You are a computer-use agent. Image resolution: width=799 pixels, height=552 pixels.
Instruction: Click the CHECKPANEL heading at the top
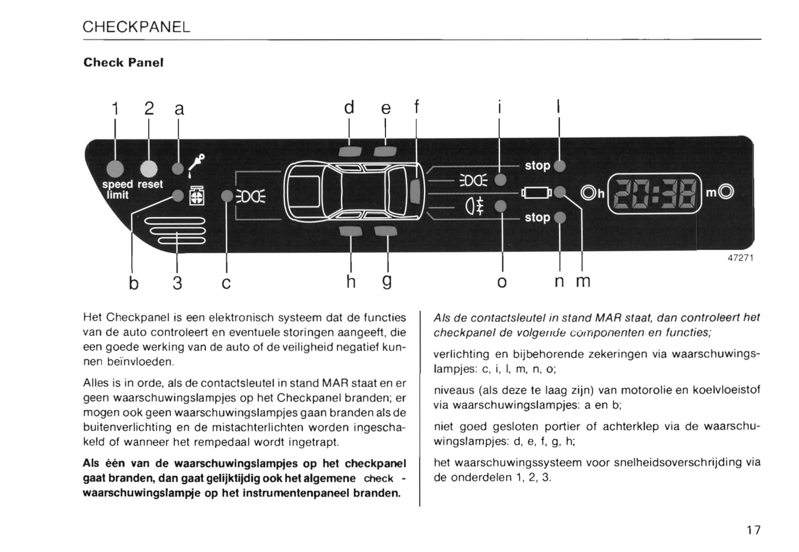tap(136, 27)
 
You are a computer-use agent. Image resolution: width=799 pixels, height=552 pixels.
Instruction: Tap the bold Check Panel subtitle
tap(123, 63)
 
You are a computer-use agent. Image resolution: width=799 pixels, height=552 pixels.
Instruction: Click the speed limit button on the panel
tap(116, 168)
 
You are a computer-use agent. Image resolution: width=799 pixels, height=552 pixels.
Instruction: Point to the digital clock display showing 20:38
tap(655, 192)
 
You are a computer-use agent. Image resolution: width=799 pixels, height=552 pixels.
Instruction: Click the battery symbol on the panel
tap(536, 192)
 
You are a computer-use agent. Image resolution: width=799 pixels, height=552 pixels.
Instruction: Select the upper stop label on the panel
tap(537, 165)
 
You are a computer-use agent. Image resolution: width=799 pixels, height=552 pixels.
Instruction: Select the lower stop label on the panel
tap(537, 217)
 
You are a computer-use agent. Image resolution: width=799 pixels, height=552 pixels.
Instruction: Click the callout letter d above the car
tap(349, 107)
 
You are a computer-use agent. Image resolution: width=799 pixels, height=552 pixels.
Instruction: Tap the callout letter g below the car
tap(387, 281)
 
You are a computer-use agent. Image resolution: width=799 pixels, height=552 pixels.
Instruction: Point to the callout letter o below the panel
tap(502, 282)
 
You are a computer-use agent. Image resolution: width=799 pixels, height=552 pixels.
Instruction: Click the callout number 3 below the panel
tap(177, 283)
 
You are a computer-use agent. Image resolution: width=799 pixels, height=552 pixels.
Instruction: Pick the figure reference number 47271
tap(740, 258)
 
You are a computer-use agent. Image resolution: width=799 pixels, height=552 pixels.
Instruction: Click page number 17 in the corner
tap(753, 530)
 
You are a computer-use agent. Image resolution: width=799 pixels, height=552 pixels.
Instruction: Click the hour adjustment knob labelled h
tap(588, 192)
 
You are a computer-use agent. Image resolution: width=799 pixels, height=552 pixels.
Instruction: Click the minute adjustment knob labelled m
tap(728, 192)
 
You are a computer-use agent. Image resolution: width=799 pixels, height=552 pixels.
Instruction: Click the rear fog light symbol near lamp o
tap(477, 206)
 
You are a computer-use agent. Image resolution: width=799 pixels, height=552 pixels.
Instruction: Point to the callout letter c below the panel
tap(226, 283)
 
